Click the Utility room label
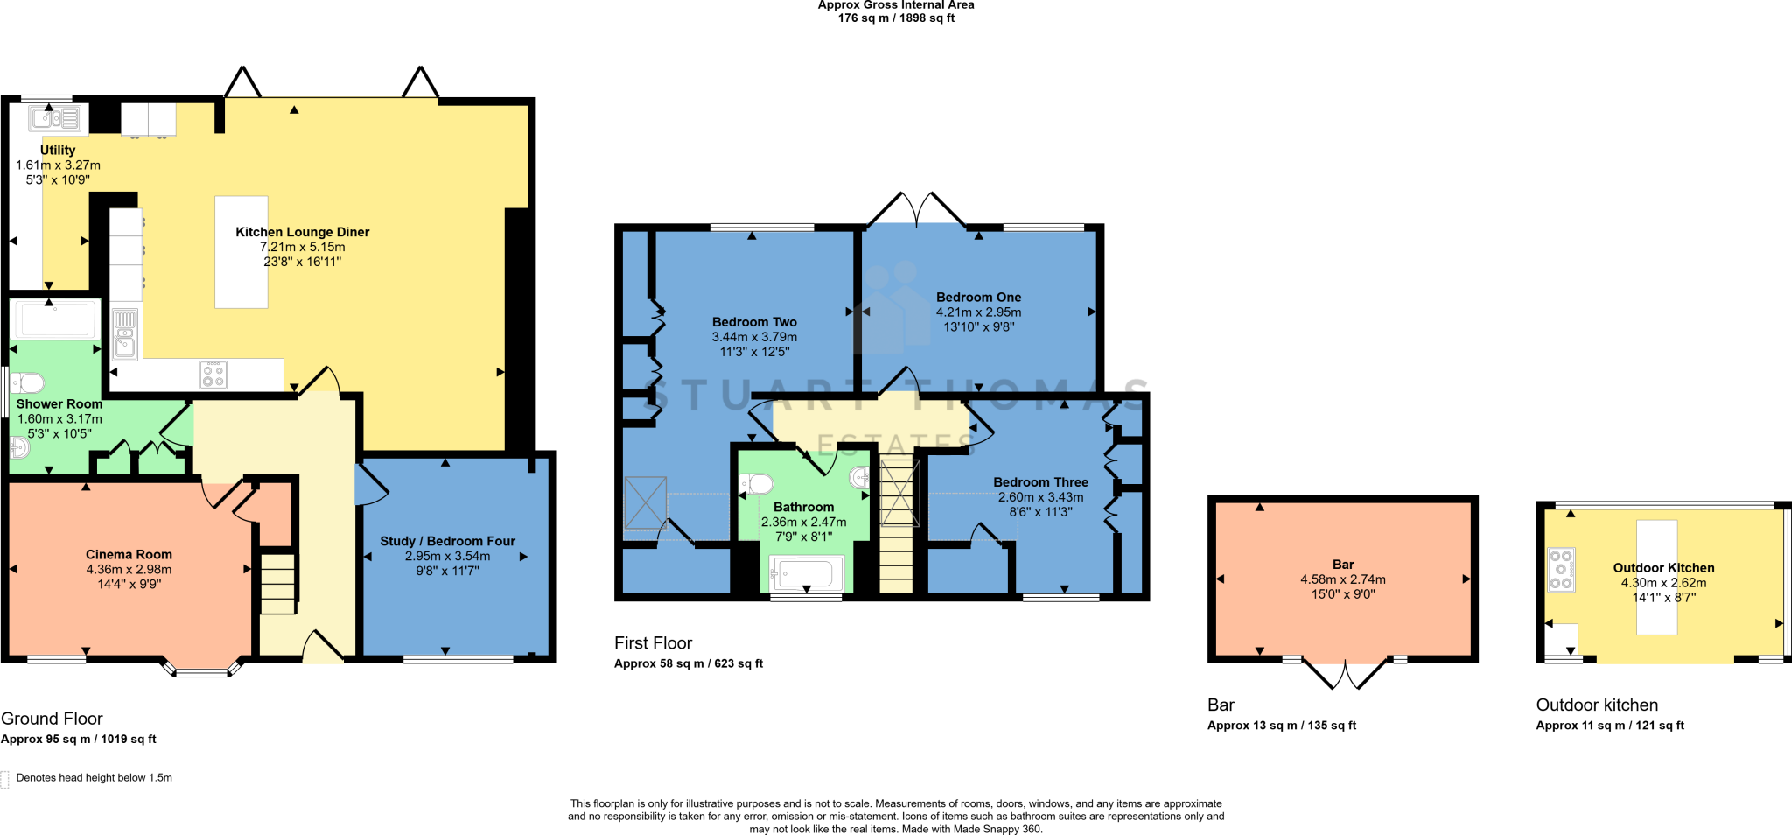(58, 151)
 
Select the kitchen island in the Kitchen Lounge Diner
(241, 252)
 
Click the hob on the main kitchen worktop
(213, 375)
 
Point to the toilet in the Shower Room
(28, 383)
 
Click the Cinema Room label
(129, 554)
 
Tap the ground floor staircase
(278, 582)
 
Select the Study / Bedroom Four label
(447, 541)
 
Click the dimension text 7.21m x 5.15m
(302, 247)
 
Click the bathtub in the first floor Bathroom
(806, 574)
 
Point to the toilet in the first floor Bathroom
(756, 484)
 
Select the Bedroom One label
(978, 298)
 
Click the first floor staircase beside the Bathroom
(899, 525)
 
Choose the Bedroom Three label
(1040, 482)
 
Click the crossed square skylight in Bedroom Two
(645, 503)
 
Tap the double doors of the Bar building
(1345, 674)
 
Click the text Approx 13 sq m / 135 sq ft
(1281, 726)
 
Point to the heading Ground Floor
(52, 719)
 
